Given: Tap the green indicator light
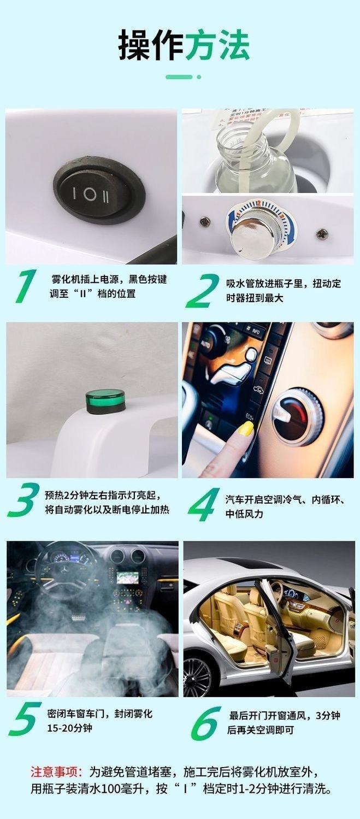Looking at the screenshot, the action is [x=105, y=402].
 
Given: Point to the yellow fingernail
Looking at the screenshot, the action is [x=246, y=427].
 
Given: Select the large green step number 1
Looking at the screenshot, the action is [x=25, y=286].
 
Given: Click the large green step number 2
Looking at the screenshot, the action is [x=203, y=291].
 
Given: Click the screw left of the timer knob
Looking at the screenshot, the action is [x=204, y=221].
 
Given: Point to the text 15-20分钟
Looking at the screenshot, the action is [x=69, y=728].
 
